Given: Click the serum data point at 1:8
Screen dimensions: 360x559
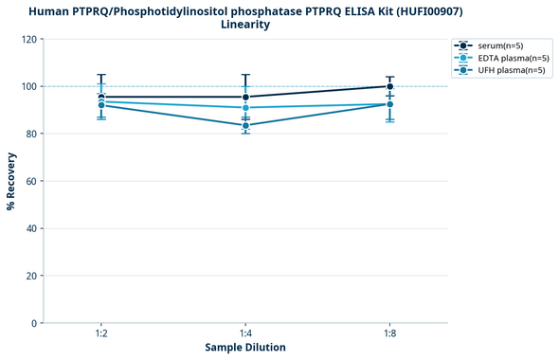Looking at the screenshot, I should coord(390,86).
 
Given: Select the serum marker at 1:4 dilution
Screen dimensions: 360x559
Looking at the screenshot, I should coord(245,97).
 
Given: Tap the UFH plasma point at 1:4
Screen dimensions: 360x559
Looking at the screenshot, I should coord(245,125).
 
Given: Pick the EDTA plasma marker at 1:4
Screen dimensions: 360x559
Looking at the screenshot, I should coord(245,108).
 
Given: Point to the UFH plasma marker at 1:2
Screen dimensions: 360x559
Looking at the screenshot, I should coord(101,105).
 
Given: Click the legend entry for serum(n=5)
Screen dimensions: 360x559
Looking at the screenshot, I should coord(501,45).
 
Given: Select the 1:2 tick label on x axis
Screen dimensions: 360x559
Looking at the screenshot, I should coord(101,334).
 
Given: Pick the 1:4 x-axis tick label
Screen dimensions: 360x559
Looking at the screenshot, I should coord(245,334).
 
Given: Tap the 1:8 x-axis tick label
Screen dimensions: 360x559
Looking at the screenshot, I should coord(390,334).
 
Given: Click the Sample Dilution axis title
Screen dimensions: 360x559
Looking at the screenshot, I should coord(245,348).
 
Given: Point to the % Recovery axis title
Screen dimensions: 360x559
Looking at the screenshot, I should coord(11,181).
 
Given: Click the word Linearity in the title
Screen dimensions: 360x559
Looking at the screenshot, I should coord(245,25).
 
